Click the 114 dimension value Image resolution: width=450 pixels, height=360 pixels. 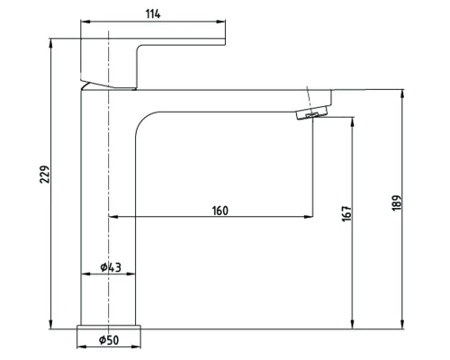point(153,13)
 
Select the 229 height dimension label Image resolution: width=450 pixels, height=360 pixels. point(45,174)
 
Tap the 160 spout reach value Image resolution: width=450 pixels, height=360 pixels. point(220,211)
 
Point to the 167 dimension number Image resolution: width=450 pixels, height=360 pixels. point(346,213)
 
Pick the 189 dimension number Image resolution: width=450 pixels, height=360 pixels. point(397,203)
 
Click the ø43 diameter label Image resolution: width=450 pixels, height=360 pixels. point(111,267)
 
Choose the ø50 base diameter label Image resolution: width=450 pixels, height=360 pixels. point(109,340)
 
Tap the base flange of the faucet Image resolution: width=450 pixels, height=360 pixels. point(109,328)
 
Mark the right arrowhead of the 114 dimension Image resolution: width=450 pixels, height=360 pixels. point(221,22)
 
